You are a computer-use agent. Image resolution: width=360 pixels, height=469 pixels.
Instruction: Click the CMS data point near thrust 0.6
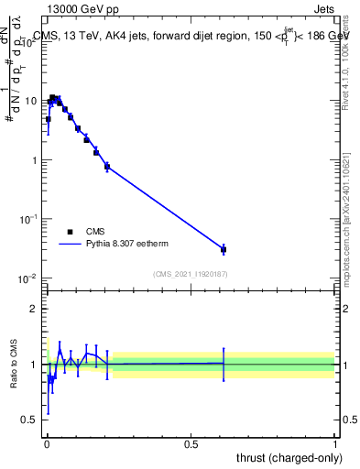click(x=224, y=249)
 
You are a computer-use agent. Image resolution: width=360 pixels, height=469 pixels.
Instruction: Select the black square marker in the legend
click(x=70, y=232)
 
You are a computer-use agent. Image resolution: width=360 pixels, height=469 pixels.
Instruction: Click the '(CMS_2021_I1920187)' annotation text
click(x=191, y=274)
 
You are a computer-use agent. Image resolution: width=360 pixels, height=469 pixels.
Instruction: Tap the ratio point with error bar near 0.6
click(x=224, y=364)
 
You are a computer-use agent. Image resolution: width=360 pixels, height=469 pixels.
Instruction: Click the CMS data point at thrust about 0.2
click(x=107, y=167)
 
